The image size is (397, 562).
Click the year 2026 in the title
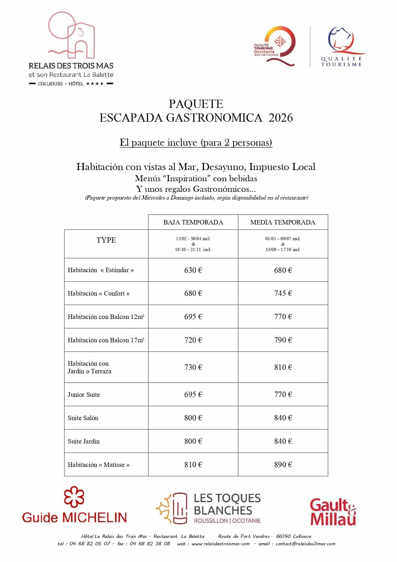[281, 118]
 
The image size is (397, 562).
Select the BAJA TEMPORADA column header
[193, 222]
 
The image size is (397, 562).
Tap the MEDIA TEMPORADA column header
[283, 222]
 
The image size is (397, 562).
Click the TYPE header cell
[106, 240]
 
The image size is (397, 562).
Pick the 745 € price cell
[283, 293]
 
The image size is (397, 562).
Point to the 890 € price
[283, 465]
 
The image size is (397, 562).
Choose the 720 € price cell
[193, 340]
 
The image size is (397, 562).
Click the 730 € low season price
[193, 367]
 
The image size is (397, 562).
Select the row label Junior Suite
[84, 395]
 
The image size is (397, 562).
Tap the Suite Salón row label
[83, 418]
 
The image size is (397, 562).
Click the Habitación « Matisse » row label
[99, 465]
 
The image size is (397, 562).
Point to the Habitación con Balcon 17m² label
[106, 340]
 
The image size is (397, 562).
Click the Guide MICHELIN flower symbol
[74, 497]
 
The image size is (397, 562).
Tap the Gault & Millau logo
[333, 512]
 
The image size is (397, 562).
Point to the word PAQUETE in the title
[196, 104]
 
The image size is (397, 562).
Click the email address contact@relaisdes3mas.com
[305, 543]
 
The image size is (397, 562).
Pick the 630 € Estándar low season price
[193, 270]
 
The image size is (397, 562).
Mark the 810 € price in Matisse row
[193, 465]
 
